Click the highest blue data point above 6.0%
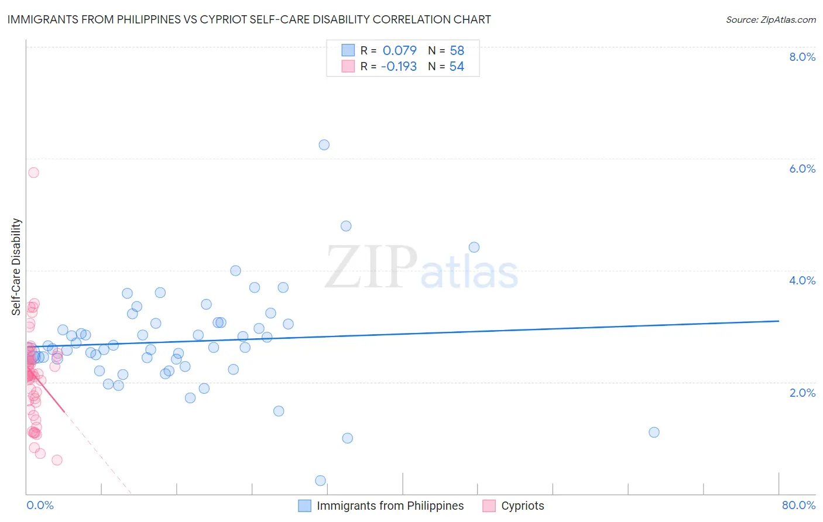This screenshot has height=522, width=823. [324, 145]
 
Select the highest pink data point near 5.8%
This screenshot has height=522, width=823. [33, 172]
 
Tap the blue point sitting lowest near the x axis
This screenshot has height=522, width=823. [320, 480]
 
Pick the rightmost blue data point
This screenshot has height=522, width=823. [654, 432]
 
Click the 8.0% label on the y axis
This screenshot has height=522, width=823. [802, 57]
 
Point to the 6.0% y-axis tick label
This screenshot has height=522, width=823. [802, 169]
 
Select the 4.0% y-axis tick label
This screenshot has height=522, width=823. [802, 280]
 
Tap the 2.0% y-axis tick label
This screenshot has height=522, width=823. [802, 393]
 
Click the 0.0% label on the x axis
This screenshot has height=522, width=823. [40, 506]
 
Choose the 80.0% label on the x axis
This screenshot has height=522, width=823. [798, 506]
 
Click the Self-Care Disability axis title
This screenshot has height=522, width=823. [16, 267]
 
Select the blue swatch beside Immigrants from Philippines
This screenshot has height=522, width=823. [304, 506]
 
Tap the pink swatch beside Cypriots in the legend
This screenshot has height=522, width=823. [489, 506]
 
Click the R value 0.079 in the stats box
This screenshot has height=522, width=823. [400, 50]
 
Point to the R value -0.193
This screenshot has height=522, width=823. [399, 67]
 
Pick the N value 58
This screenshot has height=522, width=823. [457, 50]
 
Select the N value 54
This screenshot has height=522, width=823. [457, 67]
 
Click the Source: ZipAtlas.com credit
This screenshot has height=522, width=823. [770, 20]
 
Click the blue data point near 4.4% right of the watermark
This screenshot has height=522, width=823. [474, 247]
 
